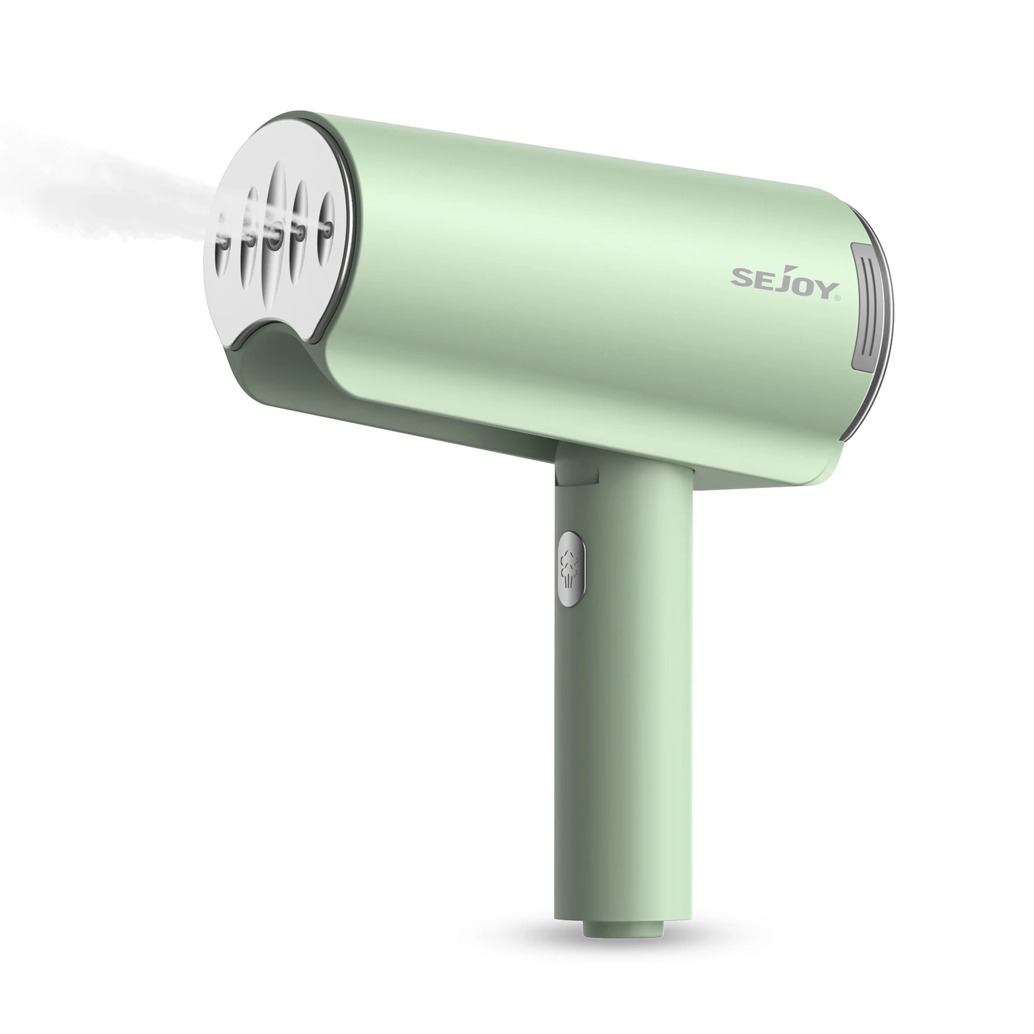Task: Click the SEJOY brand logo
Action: click(x=782, y=283)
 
